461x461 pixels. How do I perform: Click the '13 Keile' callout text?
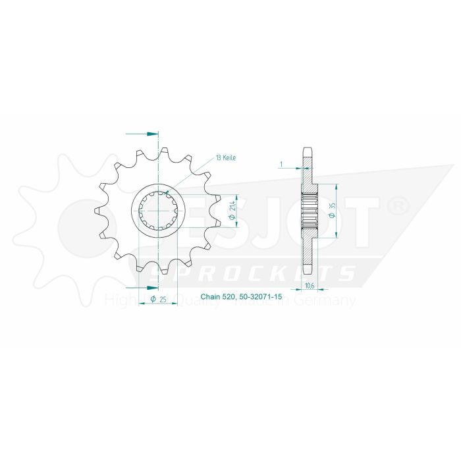(225, 159)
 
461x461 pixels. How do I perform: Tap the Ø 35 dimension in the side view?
(334, 210)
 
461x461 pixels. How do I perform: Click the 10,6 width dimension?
(310, 285)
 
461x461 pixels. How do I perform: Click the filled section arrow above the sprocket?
(152, 134)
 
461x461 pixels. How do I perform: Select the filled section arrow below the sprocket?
(152, 287)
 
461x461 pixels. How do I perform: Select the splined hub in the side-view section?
(309, 210)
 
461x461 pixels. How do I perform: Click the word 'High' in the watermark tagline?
(117, 301)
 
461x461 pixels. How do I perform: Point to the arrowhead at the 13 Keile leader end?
(169, 194)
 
